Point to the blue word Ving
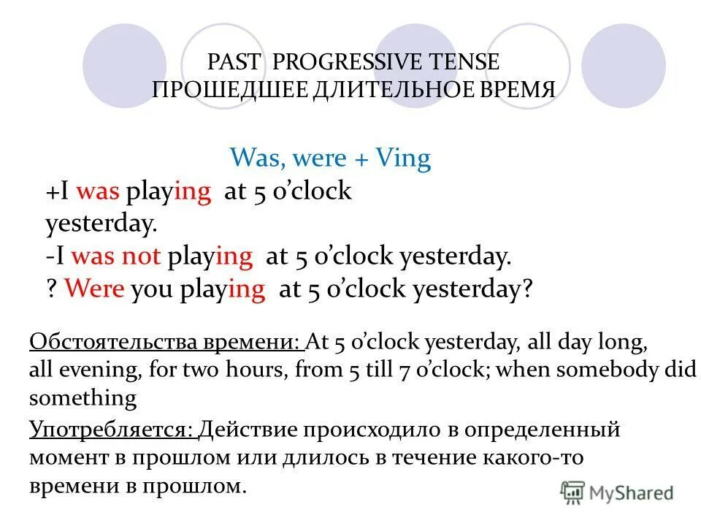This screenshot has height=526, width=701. coord(404,158)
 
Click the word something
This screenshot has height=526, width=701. coord(83,398)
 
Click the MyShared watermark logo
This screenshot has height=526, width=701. coord(617,492)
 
